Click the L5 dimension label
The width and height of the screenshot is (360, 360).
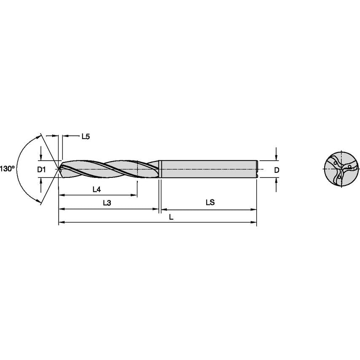coord(85,137)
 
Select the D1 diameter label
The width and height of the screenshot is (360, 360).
coord(41,170)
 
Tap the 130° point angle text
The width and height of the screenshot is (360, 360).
coord(7,169)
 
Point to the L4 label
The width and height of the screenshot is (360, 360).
coord(97,190)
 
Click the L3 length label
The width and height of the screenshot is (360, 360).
coord(107,203)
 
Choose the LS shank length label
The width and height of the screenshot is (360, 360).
coord(210,202)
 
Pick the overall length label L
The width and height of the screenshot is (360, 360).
coord(170,216)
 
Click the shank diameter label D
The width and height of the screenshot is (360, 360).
coord(276,170)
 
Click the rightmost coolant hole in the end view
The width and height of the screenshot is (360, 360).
coord(349,167)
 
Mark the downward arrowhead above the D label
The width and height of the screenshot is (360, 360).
coord(276,158)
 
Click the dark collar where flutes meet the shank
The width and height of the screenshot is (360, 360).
coord(159,169)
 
